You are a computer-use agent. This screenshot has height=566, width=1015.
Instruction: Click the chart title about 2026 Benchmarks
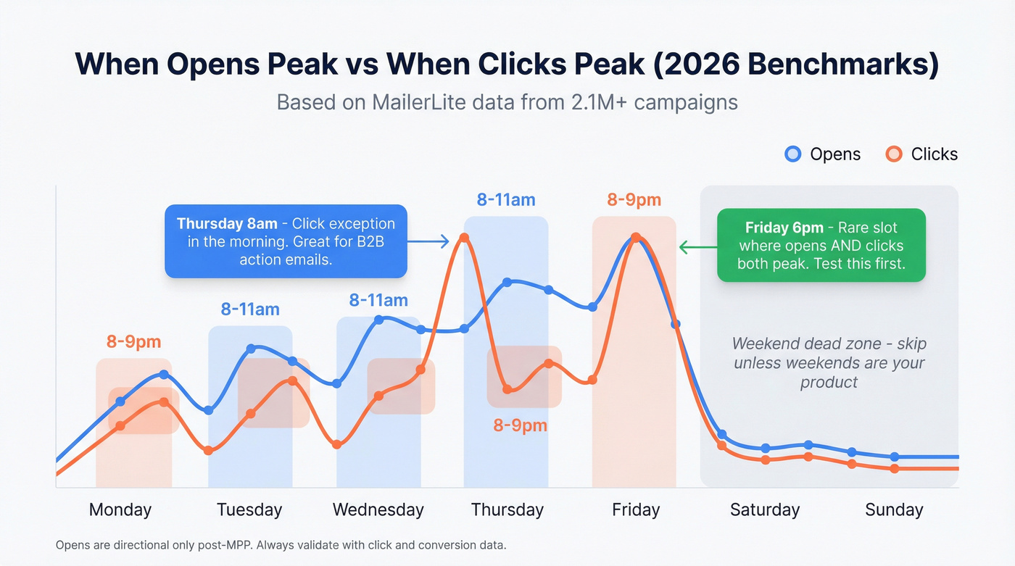[507, 64]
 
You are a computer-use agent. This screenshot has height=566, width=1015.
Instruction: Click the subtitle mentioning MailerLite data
[507, 102]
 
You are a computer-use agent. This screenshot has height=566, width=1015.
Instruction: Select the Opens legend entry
[823, 154]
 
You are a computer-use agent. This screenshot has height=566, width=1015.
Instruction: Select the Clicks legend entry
[922, 154]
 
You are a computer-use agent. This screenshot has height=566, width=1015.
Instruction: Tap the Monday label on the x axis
[120, 509]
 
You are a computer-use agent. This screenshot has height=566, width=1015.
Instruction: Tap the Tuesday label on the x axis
[249, 509]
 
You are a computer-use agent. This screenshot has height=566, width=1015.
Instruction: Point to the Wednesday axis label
[378, 509]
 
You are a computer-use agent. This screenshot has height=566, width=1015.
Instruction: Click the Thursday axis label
[507, 509]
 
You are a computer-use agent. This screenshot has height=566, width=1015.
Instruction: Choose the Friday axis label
[636, 509]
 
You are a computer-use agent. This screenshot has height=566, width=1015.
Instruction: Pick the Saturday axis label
[764, 509]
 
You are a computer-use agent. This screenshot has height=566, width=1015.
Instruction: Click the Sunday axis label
[894, 509]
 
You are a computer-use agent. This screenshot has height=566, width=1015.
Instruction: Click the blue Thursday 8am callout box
[286, 241]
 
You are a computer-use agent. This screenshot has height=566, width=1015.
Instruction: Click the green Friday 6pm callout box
[821, 245]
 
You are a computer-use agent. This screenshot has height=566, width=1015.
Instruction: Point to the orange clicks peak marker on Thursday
[464, 238]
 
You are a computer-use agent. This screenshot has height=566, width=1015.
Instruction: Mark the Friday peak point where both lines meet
[636, 238]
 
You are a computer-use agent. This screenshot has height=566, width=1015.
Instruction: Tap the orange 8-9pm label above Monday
[133, 342]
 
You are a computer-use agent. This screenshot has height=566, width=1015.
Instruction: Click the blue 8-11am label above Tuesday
[250, 309]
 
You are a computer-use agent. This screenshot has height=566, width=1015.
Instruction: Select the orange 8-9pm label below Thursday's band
[520, 425]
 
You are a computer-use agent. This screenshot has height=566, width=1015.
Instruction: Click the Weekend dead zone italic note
[829, 362]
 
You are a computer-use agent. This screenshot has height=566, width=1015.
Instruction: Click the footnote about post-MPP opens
[281, 545]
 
